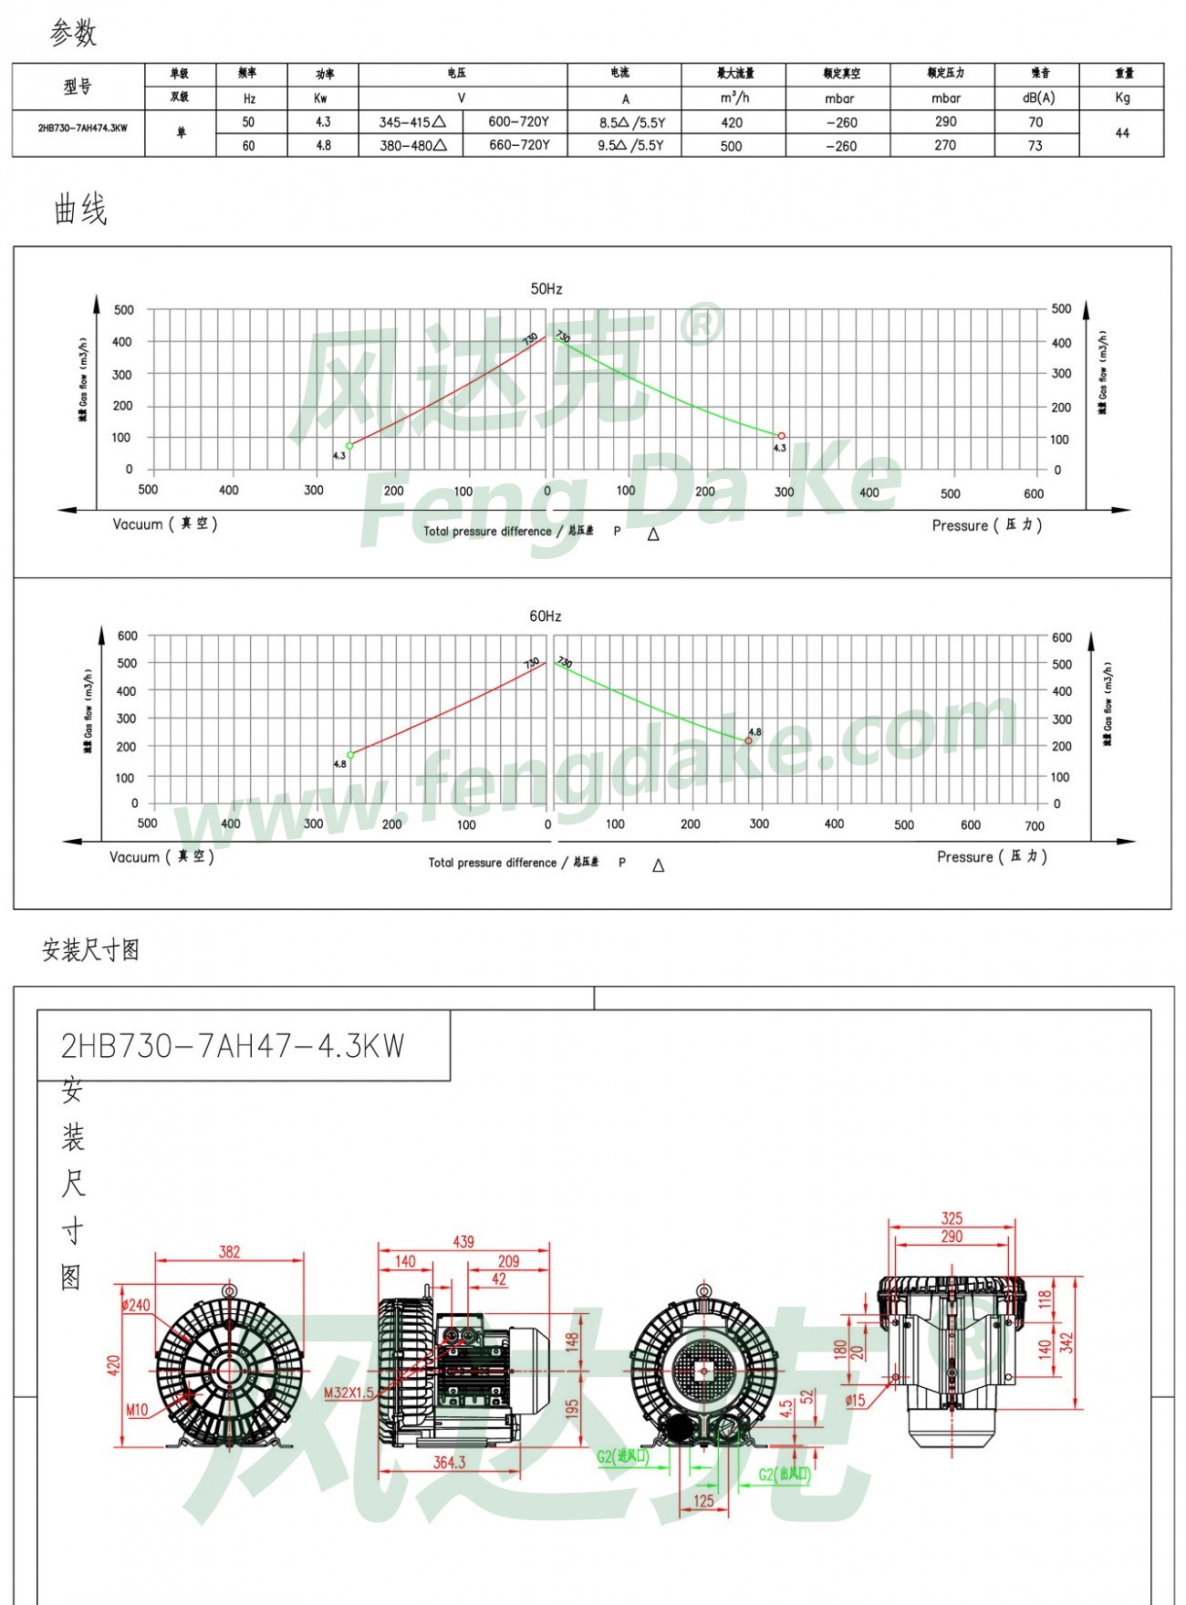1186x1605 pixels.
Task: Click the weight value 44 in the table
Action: [1122, 133]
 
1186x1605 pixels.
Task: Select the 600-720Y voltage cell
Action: [518, 121]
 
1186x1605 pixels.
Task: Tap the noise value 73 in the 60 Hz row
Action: [1035, 145]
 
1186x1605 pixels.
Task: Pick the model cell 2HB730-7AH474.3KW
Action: [83, 129]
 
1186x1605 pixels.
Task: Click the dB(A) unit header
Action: [1038, 98]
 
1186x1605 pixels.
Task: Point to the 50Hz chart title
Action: [546, 289]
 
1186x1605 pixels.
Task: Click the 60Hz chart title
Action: [546, 616]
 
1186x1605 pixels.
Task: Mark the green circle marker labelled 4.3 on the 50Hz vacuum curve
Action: [349, 446]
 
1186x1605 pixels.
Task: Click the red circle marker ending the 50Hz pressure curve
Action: [781, 436]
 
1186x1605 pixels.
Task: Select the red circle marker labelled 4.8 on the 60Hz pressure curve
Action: [749, 740]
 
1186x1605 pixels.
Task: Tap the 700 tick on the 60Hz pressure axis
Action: [1034, 826]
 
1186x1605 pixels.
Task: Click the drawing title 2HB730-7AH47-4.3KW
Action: [233, 1046]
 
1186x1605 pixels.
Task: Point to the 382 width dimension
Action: [229, 1252]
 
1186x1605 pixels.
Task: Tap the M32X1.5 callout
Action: [349, 1393]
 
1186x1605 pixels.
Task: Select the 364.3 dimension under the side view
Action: [449, 1462]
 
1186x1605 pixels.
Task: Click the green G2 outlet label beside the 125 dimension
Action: [784, 1475]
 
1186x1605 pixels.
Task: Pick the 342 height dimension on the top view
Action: [1066, 1343]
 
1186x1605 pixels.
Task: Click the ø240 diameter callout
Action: [136, 1305]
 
